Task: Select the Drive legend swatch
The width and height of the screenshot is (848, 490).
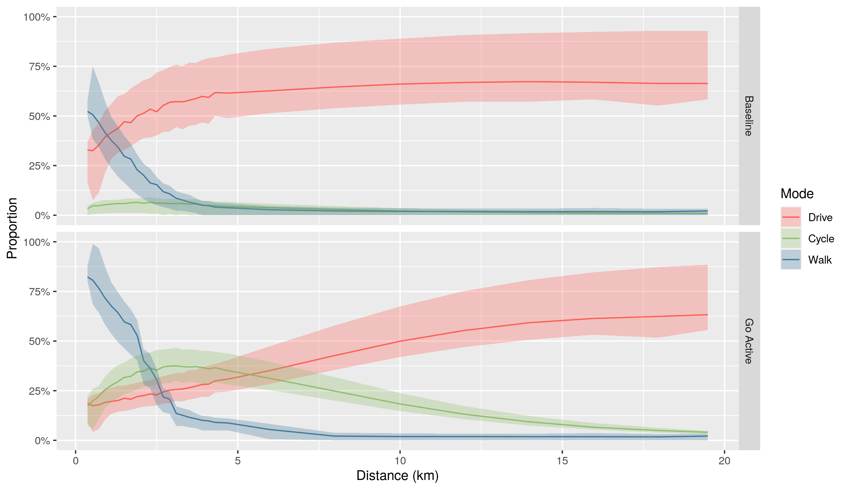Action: (x=791, y=217)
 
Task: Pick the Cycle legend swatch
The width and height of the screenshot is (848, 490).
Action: (x=791, y=238)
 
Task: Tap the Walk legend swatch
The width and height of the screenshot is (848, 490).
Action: (x=791, y=259)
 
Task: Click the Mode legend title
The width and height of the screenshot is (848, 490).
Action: (x=797, y=193)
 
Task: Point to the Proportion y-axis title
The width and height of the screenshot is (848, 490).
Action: (x=12, y=228)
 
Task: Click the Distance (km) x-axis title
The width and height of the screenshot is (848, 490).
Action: (x=397, y=476)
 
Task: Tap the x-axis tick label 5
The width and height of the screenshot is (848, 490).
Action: (x=238, y=461)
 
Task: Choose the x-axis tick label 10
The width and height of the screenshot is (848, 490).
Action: (x=400, y=461)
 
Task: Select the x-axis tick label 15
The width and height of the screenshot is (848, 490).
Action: (x=562, y=461)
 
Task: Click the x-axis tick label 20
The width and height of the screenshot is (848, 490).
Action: (x=724, y=461)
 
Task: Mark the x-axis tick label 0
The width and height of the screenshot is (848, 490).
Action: (x=76, y=461)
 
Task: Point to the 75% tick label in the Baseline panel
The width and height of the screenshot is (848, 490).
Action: (x=39, y=67)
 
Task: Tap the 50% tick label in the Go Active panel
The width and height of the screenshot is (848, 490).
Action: (x=39, y=341)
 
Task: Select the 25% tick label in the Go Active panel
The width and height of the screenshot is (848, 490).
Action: (x=39, y=391)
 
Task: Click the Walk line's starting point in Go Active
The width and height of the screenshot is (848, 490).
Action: (x=88, y=277)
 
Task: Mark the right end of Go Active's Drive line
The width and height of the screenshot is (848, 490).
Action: (x=707, y=315)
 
